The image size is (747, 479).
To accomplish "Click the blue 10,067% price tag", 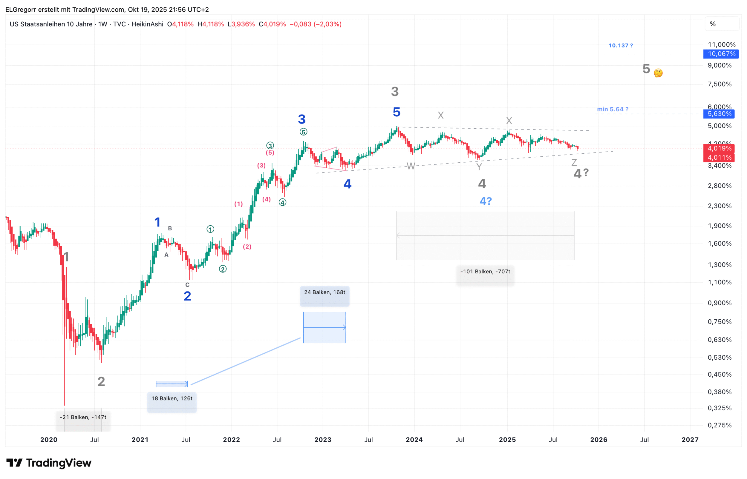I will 721,54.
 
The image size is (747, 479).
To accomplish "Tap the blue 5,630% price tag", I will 719,114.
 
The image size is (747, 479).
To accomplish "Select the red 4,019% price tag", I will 719,149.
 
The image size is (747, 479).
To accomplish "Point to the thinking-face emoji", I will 658,73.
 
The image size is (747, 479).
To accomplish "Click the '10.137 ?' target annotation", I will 621,46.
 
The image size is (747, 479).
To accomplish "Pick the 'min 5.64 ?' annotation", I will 613,110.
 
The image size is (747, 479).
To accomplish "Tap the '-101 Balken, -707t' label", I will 486,272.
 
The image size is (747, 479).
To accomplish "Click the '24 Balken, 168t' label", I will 325,293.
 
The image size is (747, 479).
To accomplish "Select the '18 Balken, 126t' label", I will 172,399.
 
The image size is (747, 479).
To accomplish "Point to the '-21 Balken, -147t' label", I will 83,418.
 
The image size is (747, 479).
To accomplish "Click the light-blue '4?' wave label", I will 486,201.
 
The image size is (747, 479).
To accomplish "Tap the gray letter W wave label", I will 411,167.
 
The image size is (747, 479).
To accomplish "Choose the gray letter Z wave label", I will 574,162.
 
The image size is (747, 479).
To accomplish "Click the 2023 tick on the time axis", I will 323,440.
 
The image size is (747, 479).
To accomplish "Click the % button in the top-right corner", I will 713,24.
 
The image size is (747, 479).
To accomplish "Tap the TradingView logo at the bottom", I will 49,463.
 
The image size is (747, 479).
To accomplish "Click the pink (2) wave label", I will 247,247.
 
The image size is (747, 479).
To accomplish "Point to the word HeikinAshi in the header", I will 147,24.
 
